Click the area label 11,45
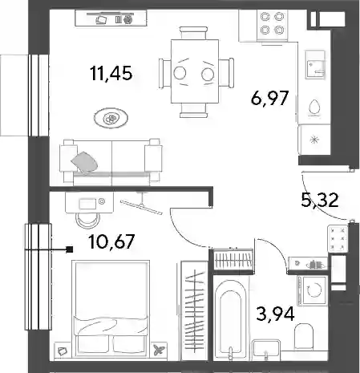pyautogui.click(x=111, y=74)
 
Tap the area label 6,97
pyautogui.click(x=270, y=98)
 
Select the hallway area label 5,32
pyautogui.click(x=320, y=201)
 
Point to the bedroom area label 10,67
pyautogui.click(x=111, y=241)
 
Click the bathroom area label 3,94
pyautogui.click(x=275, y=314)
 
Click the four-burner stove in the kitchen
pyautogui.click(x=272, y=26)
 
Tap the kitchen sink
pyautogui.click(x=315, y=64)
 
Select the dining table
pyautogui.click(x=195, y=71)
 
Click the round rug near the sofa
pyautogui.click(x=111, y=117)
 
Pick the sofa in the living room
pyautogui.click(x=111, y=162)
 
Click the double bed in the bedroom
pyautogui.click(x=111, y=309)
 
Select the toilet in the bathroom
pyautogui.click(x=304, y=336)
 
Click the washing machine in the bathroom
pyautogui.click(x=312, y=290)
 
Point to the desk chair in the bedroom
pyautogui.click(x=87, y=220)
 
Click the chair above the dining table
pyautogui.click(x=193, y=33)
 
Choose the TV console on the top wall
pyautogui.click(x=111, y=18)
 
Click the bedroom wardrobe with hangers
pyautogui.click(x=195, y=310)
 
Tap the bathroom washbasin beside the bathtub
pyautogui.click(x=266, y=349)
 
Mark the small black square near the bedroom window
pyautogui.click(x=70, y=249)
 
